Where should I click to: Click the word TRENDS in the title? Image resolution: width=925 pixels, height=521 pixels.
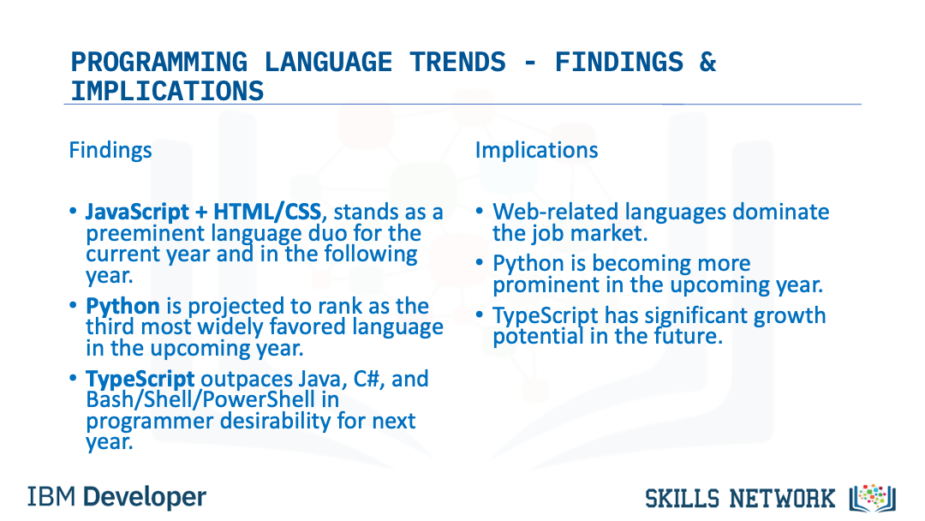[457, 62]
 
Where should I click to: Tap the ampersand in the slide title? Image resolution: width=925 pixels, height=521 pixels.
[707, 62]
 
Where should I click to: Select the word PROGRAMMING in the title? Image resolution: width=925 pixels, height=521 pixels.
[159, 62]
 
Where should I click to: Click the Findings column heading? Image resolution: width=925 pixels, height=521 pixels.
[110, 151]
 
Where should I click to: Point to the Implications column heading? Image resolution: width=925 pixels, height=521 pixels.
[536, 151]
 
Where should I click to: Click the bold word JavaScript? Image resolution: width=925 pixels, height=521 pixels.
[137, 212]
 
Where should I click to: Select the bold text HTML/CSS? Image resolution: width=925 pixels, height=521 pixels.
[267, 212]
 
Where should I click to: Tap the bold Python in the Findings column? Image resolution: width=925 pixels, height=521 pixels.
[122, 306]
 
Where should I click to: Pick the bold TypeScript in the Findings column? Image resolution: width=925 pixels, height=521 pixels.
[140, 379]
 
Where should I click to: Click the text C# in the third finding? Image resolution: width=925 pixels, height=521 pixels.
[366, 378]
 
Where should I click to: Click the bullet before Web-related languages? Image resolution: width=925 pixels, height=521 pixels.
[480, 212]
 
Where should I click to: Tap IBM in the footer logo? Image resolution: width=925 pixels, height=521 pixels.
[51, 497]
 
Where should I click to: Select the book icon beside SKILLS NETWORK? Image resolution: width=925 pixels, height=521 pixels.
[873, 499]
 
